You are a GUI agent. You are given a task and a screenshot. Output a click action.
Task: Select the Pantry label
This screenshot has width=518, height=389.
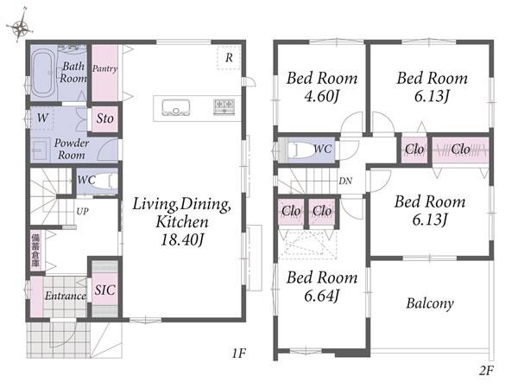tap(104, 69)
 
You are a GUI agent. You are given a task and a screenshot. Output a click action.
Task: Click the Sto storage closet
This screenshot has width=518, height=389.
tap(104, 118)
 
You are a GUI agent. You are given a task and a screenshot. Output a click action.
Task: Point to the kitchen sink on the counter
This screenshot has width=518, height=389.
tap(176, 107)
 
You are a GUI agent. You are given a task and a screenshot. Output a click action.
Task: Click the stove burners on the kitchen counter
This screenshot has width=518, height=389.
tap(224, 107)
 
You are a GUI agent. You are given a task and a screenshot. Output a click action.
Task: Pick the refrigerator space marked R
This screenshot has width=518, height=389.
tap(229, 58)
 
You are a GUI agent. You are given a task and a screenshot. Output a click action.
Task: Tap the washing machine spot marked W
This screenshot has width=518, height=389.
tap(42, 118)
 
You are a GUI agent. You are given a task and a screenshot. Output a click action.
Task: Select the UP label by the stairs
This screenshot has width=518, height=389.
tap(82, 212)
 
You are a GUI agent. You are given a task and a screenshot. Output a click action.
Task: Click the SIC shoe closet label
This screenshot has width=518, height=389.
tap(105, 290)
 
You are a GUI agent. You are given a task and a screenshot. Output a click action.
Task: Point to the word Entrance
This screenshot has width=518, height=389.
tap(66, 296)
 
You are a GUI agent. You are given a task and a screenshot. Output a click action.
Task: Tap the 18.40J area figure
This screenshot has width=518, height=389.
tap(182, 239)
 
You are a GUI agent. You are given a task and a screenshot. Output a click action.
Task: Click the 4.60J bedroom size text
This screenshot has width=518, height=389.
tap(322, 96)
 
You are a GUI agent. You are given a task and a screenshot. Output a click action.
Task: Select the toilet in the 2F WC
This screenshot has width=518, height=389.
tap(300, 150)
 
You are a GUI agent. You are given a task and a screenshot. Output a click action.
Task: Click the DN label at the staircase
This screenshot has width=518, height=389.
tap(345, 181)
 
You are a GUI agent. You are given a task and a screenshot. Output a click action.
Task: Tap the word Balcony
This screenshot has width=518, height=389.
tap(430, 303)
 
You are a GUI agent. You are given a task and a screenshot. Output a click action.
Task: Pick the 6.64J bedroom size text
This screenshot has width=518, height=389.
tap(322, 296)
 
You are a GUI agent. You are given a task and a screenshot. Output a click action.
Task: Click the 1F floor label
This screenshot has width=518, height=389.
tap(238, 354)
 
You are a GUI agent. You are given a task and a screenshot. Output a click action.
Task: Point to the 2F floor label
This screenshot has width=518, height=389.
tap(486, 371)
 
